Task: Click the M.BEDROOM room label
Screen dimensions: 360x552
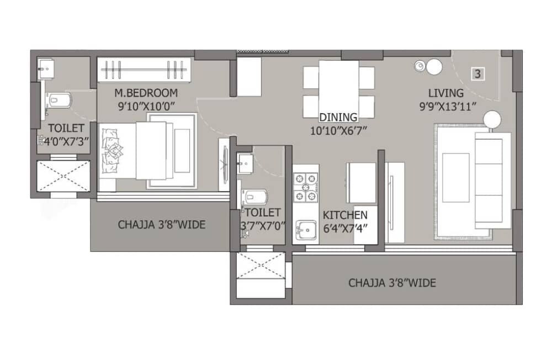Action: (x=146, y=92)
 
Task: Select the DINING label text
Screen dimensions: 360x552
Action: (x=338, y=117)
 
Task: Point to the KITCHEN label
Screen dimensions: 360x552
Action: (x=345, y=215)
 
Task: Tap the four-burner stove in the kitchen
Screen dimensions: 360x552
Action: (x=305, y=188)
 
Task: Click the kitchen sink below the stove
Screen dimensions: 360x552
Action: (x=305, y=228)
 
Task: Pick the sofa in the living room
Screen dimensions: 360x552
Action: (x=492, y=180)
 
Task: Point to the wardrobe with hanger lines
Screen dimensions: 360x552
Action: (x=145, y=70)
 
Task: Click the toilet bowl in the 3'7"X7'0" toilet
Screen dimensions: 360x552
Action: (x=254, y=197)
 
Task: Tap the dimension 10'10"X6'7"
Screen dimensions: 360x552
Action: (x=338, y=130)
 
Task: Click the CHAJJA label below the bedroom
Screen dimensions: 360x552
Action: (x=162, y=225)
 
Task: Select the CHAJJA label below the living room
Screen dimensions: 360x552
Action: (x=392, y=283)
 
